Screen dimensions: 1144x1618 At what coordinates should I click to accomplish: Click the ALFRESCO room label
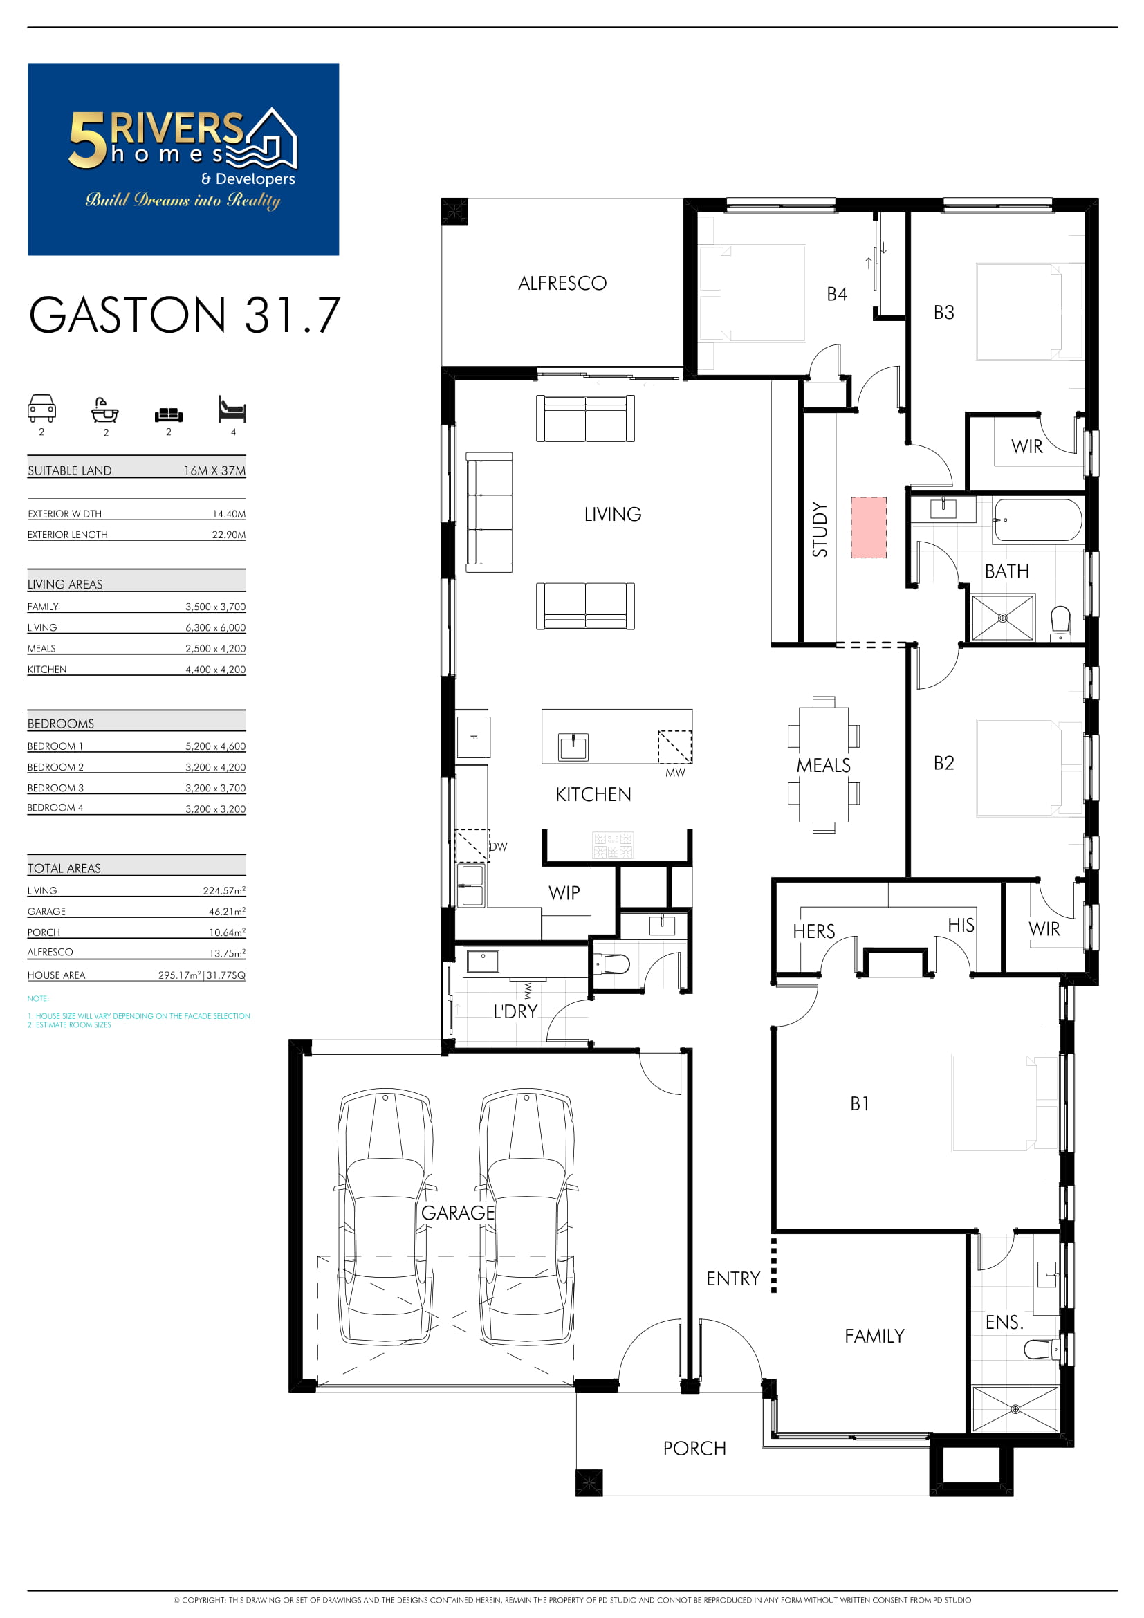click(x=562, y=284)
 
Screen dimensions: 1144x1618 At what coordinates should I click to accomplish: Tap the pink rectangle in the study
click(x=869, y=527)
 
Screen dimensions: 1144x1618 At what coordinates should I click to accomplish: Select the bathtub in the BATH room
click(x=1037, y=520)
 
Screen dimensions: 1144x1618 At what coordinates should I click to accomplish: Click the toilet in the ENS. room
click(x=1041, y=1350)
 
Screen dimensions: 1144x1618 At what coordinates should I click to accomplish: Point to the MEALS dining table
click(x=824, y=764)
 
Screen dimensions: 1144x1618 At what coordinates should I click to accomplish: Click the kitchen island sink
click(x=573, y=747)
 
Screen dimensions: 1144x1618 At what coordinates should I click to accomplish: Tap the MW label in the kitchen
click(x=675, y=773)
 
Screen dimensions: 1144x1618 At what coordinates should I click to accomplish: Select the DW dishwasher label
click(x=498, y=846)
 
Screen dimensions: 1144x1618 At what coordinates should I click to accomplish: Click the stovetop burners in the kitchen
click(x=613, y=845)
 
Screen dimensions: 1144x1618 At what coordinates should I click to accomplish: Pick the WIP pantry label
click(x=564, y=893)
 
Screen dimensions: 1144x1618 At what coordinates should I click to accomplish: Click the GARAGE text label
click(x=458, y=1213)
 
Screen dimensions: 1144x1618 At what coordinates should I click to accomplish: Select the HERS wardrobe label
click(x=813, y=932)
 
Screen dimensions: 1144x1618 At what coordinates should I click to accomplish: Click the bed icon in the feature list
click(x=232, y=409)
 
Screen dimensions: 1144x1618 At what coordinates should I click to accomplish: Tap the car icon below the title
click(x=41, y=408)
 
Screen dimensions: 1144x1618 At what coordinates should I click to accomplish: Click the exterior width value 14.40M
click(x=229, y=514)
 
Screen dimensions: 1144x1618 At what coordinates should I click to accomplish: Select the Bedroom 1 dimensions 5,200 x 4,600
click(x=216, y=746)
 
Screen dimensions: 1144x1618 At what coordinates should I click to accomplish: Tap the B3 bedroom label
click(x=944, y=312)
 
